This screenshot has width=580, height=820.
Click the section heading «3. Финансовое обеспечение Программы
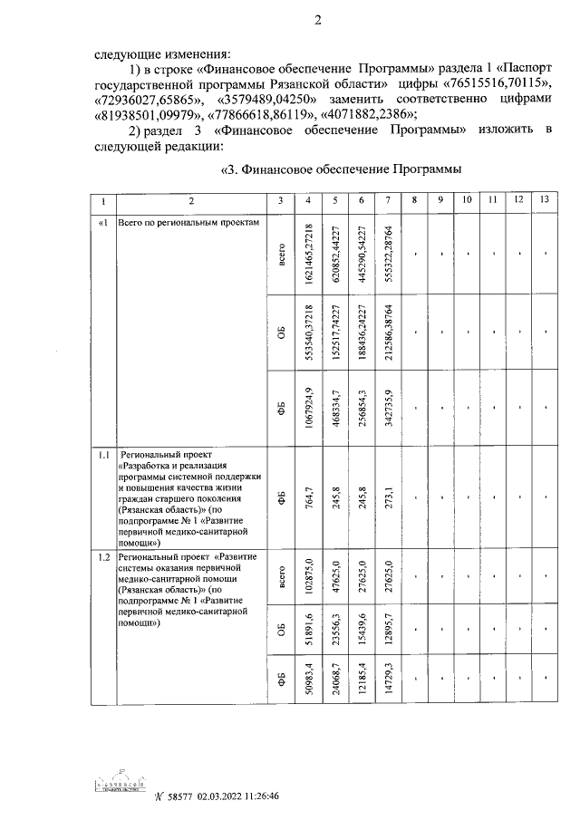tap(343, 169)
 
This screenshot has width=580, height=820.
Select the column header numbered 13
tap(543, 199)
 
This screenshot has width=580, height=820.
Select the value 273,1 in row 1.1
tap(388, 497)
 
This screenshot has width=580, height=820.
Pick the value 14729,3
tap(388, 679)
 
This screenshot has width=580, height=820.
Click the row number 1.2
tap(104, 555)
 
